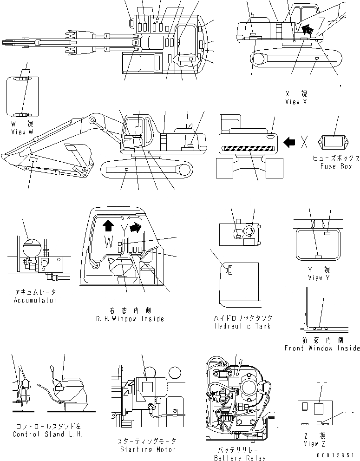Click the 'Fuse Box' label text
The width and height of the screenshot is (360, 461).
tap(336, 166)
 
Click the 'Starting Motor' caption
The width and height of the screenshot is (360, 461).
tap(148, 449)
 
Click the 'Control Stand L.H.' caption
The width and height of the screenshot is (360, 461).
tap(47, 435)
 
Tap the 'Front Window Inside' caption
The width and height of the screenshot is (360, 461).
tap(322, 348)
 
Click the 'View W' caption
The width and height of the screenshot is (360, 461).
tap(22, 132)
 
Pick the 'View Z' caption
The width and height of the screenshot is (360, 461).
tap(316, 444)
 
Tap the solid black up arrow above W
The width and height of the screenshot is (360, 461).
tap(107, 226)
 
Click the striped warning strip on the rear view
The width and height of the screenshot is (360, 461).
tap(249, 149)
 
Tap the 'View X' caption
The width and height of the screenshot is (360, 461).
tap(296, 102)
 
